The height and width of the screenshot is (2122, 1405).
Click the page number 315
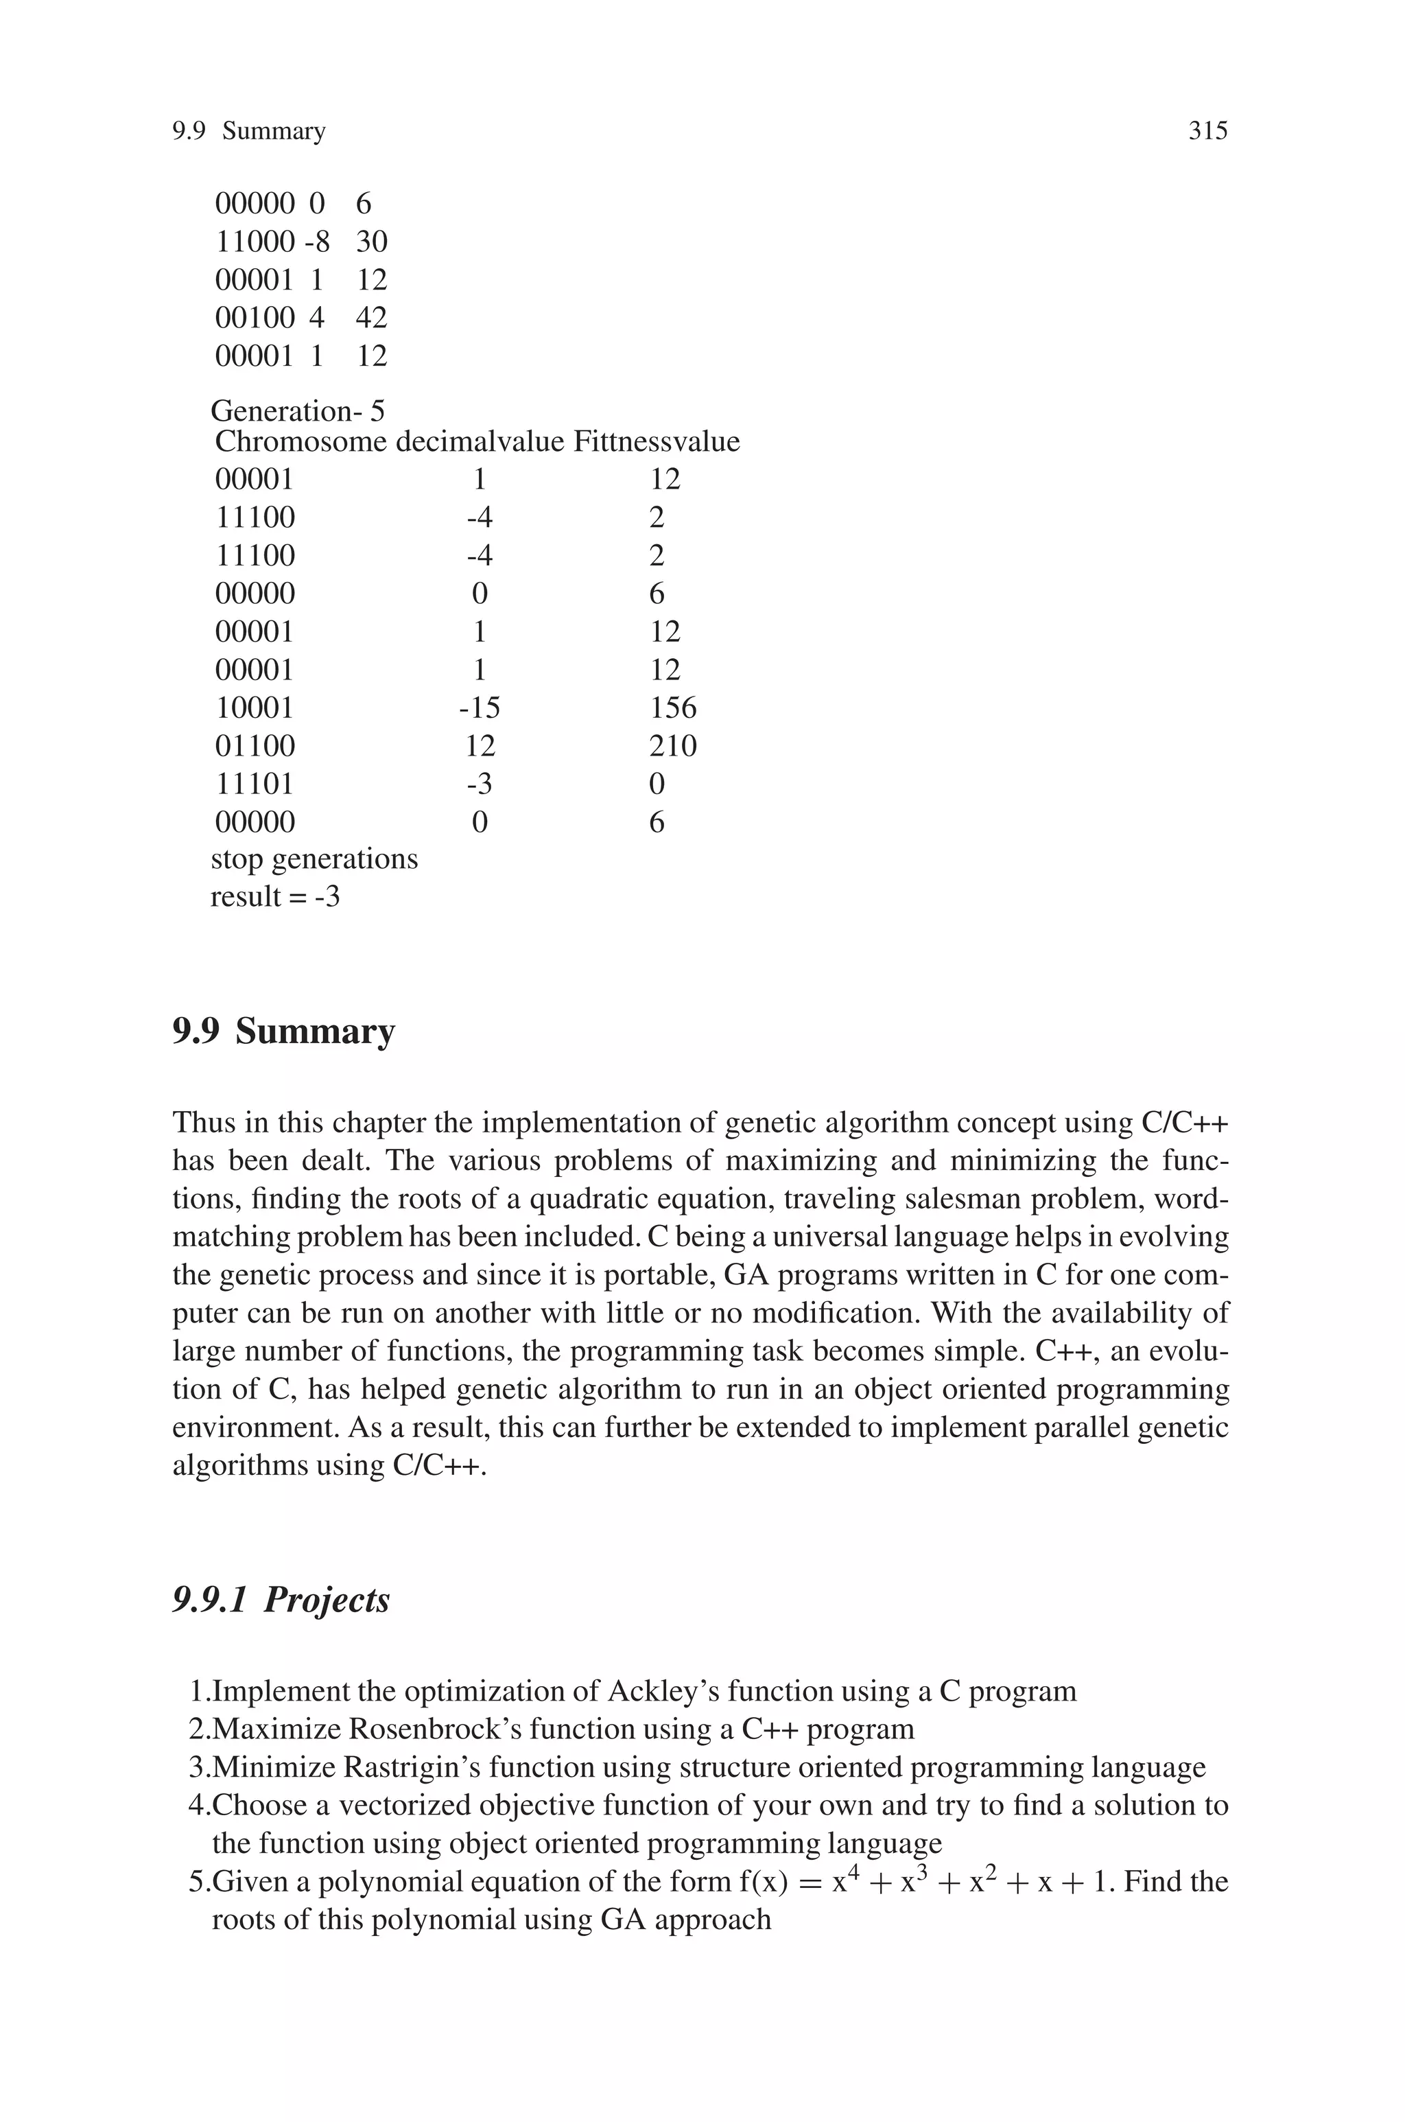click(1207, 131)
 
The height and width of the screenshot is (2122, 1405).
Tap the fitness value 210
click(672, 745)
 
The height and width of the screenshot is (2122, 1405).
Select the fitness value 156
click(672, 708)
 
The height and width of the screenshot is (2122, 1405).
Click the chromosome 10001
click(255, 708)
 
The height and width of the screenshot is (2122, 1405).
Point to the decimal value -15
click(480, 708)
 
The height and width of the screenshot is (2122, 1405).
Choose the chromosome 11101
click(255, 784)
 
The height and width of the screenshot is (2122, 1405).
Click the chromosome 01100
click(255, 745)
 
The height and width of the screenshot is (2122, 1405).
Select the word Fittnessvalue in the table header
click(656, 442)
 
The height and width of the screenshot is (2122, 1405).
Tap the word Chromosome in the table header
click(300, 442)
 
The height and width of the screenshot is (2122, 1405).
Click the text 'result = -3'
click(275, 896)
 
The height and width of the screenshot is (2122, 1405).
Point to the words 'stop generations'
click(314, 859)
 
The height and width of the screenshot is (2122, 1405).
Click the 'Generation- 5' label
click(298, 411)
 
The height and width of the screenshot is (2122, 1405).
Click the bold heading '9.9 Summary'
click(283, 1031)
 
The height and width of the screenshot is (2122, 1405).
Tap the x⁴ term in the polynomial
click(840, 1879)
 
